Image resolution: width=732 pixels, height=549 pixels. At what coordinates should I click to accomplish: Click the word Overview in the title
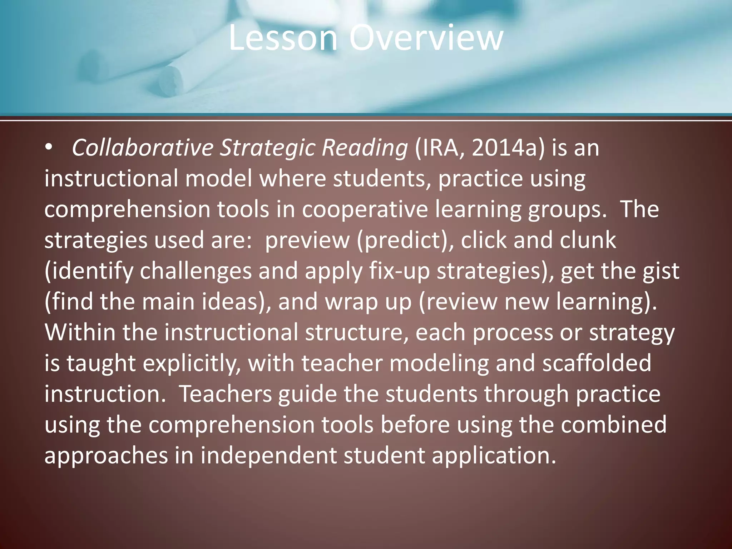(426, 38)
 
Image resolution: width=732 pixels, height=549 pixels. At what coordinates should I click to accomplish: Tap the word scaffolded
(597, 363)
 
